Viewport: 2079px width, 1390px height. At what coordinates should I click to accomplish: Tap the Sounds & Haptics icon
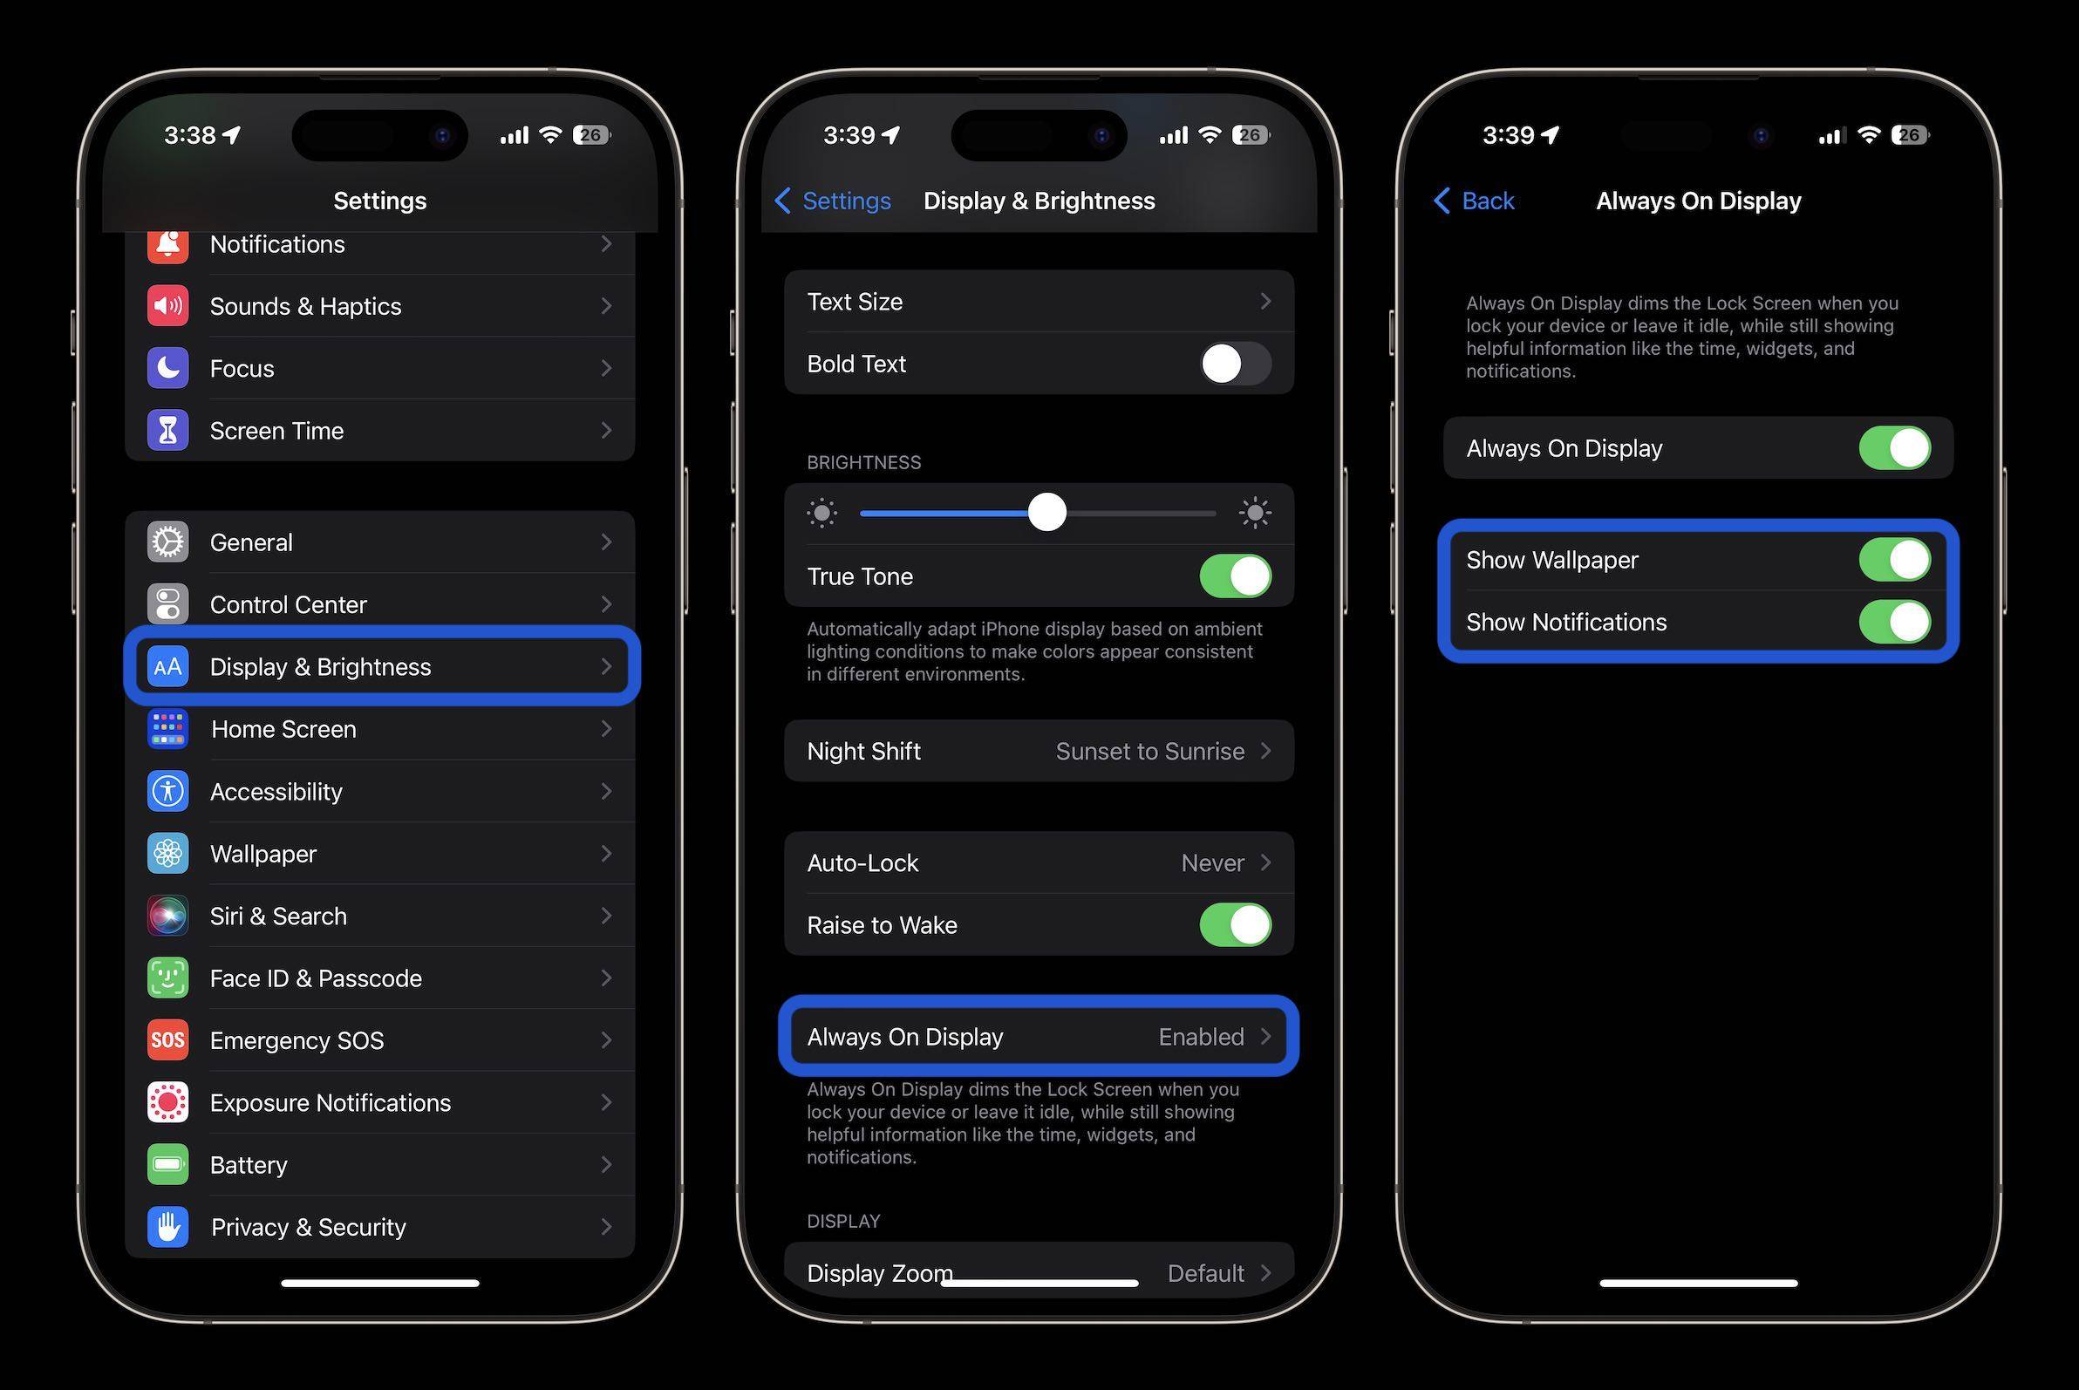point(167,306)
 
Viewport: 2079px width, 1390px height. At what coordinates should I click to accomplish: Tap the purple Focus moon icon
point(167,368)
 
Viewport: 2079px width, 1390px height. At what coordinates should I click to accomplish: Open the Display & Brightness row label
point(320,666)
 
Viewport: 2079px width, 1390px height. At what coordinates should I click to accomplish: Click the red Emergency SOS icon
point(167,1039)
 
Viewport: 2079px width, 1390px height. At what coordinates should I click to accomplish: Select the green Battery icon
point(167,1165)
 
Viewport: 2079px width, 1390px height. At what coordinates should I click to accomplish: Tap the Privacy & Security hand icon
point(167,1227)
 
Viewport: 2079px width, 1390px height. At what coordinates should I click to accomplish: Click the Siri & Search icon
point(167,916)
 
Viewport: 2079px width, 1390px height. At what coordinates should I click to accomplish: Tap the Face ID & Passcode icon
point(167,978)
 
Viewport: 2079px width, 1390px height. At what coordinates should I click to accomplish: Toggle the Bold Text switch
point(1235,364)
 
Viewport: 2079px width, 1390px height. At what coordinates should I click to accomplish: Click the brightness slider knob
point(1047,513)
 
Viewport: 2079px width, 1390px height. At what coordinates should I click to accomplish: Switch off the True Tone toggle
point(1235,576)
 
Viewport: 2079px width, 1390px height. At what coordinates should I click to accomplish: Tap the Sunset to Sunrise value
point(1149,752)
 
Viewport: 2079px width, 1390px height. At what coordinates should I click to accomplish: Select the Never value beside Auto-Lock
point(1212,863)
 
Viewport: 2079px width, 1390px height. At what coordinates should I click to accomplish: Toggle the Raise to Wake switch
point(1235,925)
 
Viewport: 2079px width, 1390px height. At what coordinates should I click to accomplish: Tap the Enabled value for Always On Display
point(1201,1037)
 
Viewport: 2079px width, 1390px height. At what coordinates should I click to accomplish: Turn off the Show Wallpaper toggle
point(1895,560)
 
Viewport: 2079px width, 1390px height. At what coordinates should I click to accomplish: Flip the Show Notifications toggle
point(1895,623)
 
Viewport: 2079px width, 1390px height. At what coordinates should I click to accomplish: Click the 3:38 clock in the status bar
point(190,136)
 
